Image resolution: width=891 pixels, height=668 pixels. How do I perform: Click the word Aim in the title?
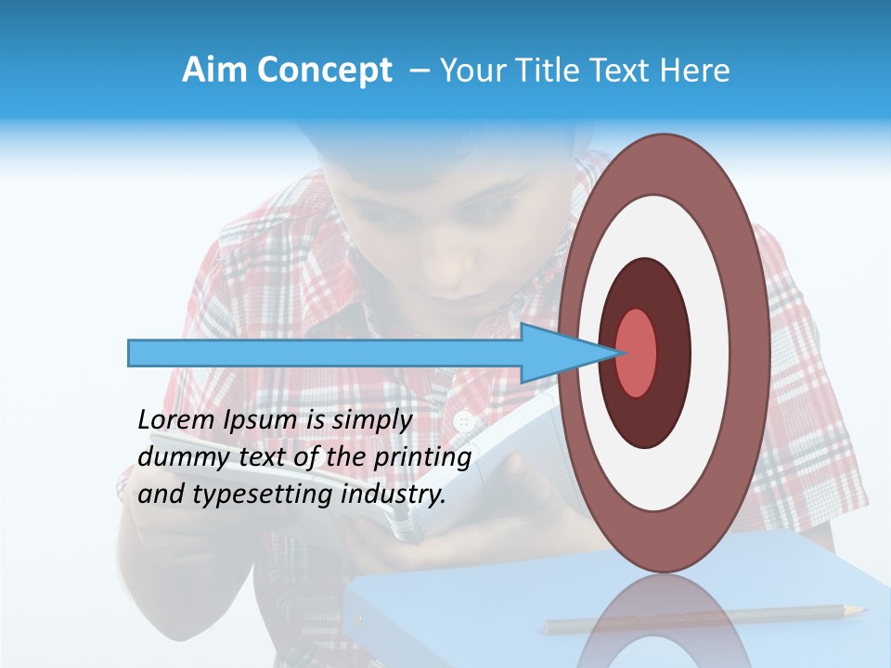click(x=214, y=71)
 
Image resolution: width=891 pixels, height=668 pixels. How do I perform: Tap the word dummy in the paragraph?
click(x=174, y=457)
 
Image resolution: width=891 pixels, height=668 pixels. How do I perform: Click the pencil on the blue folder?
click(x=705, y=619)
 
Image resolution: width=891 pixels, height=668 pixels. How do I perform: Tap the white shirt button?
click(x=464, y=422)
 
